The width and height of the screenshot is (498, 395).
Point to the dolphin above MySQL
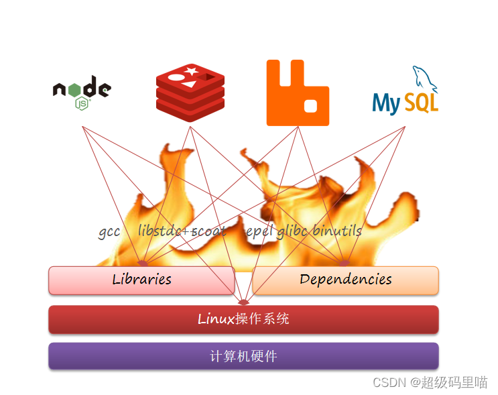[424, 78]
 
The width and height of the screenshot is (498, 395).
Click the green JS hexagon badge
[82, 103]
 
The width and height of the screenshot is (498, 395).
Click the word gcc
[109, 232]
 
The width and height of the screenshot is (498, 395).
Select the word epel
[259, 231]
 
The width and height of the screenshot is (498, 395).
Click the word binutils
[337, 231]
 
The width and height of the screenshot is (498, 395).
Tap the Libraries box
[141, 280]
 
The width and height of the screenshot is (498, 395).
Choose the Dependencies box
[345, 280]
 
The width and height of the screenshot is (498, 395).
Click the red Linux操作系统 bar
[243, 319]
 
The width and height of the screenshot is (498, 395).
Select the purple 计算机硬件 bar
[243, 356]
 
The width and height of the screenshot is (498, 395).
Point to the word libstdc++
[165, 231]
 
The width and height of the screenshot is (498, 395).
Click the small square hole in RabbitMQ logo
[311, 106]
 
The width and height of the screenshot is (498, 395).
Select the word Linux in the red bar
[216, 319]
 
